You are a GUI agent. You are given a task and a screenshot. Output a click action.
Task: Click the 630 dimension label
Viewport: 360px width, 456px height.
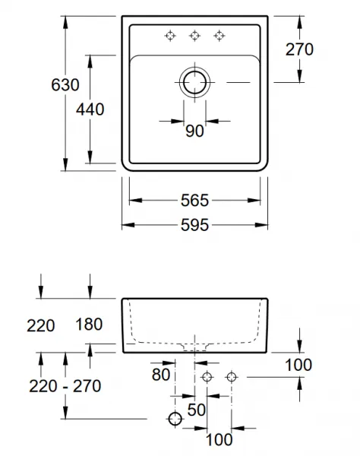[65, 85]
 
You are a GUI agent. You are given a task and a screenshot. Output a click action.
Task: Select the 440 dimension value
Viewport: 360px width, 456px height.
[90, 109]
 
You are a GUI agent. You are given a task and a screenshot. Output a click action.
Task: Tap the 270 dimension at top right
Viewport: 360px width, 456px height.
[299, 49]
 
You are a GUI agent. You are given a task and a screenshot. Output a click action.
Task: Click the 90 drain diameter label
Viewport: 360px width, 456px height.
[194, 131]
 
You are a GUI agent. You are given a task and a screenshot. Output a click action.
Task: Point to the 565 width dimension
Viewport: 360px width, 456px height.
[194, 201]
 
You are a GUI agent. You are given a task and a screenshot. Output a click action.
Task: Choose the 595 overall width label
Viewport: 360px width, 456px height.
[194, 225]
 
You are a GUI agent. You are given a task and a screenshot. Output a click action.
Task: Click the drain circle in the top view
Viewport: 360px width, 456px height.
[194, 83]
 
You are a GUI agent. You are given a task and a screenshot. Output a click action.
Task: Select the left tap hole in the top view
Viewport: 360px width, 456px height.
[170, 36]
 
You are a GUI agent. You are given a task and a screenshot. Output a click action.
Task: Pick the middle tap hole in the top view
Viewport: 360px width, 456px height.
[194, 36]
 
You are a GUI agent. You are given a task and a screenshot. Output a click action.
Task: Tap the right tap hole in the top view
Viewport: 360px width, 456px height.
[219, 36]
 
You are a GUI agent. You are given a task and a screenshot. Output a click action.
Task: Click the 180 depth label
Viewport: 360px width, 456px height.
[89, 325]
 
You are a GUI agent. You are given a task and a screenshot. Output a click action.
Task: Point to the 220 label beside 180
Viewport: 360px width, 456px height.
[41, 325]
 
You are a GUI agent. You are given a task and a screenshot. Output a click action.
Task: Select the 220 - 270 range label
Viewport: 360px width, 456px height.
[65, 386]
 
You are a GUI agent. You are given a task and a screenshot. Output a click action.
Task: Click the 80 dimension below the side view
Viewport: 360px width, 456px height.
[161, 375]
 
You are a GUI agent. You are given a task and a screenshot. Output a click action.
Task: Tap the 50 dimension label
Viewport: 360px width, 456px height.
[197, 410]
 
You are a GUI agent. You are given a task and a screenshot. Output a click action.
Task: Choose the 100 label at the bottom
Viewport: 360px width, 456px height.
[219, 439]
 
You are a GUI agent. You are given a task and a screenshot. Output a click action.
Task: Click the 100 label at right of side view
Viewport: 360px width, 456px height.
[298, 365]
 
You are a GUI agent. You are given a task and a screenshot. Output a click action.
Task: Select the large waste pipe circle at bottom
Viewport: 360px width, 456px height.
[175, 419]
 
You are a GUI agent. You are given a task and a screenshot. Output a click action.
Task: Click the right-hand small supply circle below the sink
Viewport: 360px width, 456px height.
[232, 377]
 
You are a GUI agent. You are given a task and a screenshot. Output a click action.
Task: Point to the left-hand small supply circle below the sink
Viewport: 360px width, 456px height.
[207, 377]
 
